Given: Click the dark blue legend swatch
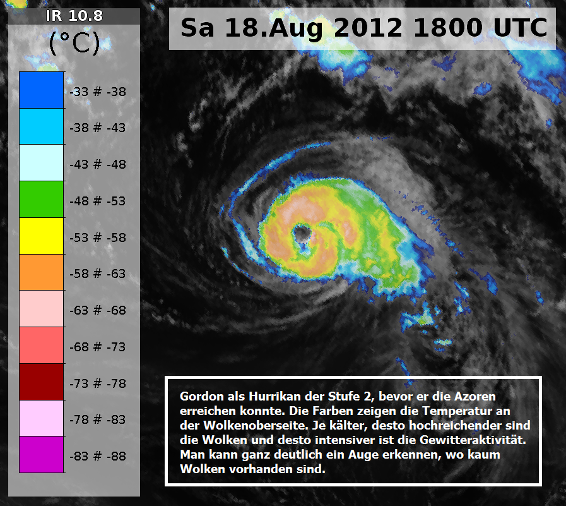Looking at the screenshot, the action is pyautogui.click(x=42, y=90).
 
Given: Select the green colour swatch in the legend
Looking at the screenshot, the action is pyautogui.click(x=42, y=199).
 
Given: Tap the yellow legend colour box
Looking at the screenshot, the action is pyautogui.click(x=42, y=236).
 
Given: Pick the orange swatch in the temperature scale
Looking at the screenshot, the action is pyautogui.click(x=42, y=272).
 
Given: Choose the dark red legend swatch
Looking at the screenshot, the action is pyautogui.click(x=42, y=382).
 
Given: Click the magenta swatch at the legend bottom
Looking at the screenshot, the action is pyautogui.click(x=42, y=454).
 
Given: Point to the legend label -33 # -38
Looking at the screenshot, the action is pyautogui.click(x=98, y=92).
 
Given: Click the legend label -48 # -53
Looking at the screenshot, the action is pyautogui.click(x=98, y=201).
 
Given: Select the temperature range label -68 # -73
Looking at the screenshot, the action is pyautogui.click(x=98, y=347).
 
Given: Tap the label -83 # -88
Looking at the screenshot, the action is pyautogui.click(x=98, y=456).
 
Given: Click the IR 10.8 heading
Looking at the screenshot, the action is pyautogui.click(x=74, y=16).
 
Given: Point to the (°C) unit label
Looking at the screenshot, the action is pyautogui.click(x=74, y=43).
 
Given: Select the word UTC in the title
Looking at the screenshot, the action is pyautogui.click(x=521, y=28).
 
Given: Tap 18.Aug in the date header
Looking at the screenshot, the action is pyautogui.click(x=274, y=28).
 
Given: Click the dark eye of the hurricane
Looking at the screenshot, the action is pyautogui.click(x=302, y=234).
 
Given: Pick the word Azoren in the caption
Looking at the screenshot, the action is pyautogui.click(x=475, y=397).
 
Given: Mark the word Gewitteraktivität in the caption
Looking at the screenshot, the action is pyautogui.click(x=473, y=440).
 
